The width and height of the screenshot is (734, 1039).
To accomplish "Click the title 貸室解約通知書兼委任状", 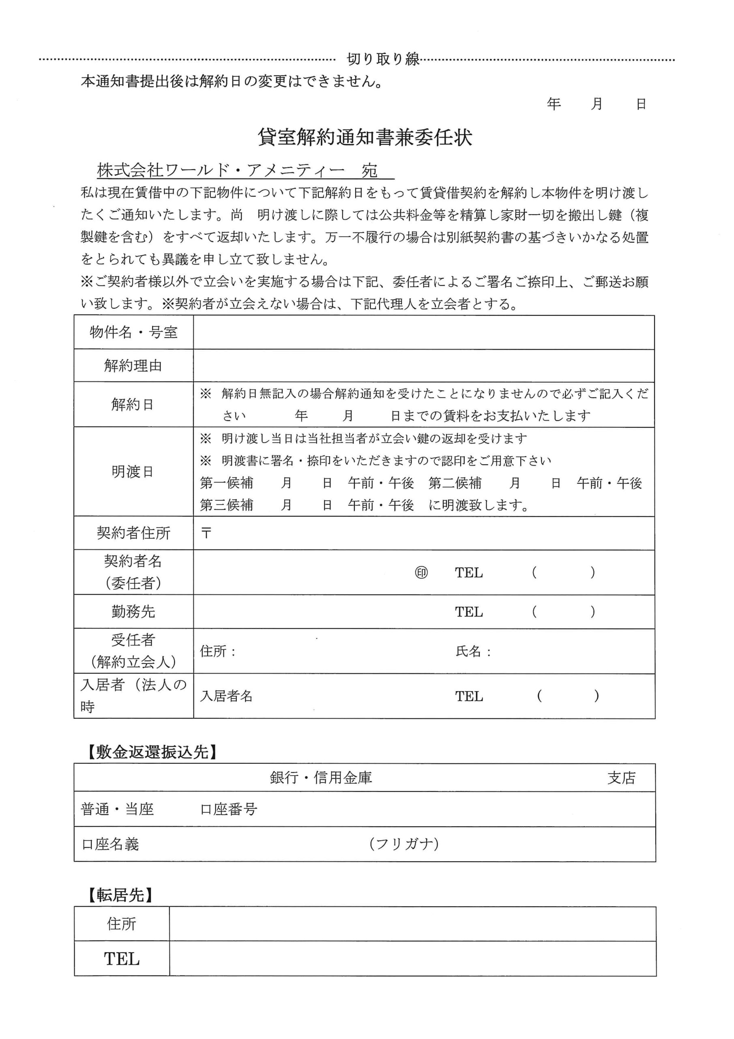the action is coord(365,138).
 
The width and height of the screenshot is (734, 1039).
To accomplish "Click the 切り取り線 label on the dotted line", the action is coord(383,59).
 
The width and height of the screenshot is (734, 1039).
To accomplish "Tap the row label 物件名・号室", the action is coord(133,333).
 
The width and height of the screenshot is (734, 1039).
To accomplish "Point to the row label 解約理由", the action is coord(133,366).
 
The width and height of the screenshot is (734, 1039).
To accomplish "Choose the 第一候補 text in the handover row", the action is coord(226,483).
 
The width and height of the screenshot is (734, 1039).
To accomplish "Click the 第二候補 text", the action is coord(455,483).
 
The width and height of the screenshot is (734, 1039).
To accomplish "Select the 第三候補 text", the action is coord(226,504).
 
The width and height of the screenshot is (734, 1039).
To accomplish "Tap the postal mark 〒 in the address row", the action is coord(206,533).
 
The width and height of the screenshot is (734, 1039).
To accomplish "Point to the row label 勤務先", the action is coord(133,612).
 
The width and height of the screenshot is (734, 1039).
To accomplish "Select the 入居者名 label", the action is coord(226,696).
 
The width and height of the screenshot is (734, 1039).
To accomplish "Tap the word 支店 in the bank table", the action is coord(621,778).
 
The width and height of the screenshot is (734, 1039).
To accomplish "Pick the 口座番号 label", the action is coord(229,809).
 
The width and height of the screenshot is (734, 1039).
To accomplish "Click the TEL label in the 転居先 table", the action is coord(122,959).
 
